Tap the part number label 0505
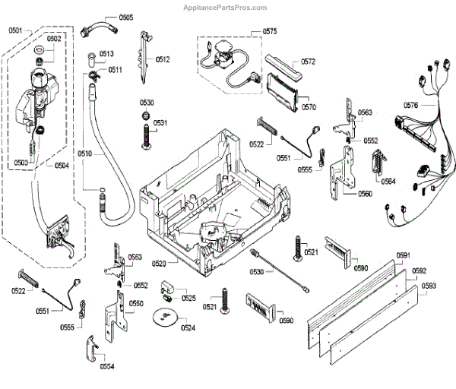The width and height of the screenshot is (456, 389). tap(125, 17)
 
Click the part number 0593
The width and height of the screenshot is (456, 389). tap(429, 286)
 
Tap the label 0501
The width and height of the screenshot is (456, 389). tap(16, 31)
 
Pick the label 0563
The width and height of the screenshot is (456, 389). tap(366, 112)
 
